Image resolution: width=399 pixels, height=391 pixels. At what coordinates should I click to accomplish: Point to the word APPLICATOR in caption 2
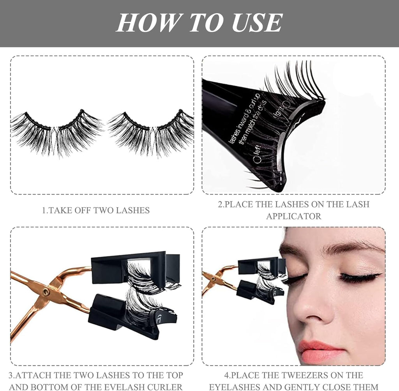tap(293, 216)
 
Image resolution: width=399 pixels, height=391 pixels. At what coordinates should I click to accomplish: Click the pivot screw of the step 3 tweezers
tap(48, 291)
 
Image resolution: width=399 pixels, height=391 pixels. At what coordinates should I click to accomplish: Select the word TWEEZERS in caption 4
tap(298, 375)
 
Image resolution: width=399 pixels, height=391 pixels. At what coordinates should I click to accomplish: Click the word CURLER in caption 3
tap(165, 387)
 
